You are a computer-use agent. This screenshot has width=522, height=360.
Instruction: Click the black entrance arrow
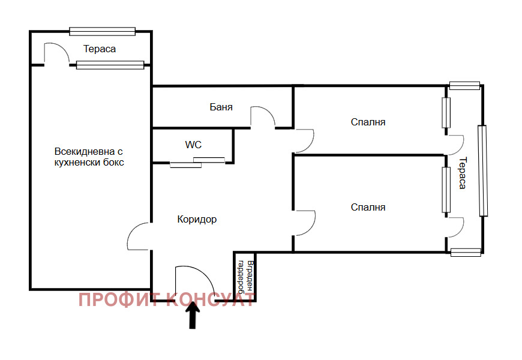(x=193, y=316)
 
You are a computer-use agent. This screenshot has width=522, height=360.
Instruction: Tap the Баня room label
(x=221, y=107)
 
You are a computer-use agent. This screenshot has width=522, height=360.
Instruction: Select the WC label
(x=193, y=145)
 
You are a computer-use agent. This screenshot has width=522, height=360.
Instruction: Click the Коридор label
(x=197, y=219)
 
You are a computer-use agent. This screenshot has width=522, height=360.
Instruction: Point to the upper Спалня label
(x=368, y=122)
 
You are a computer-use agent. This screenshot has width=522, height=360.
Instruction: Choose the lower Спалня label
(x=368, y=207)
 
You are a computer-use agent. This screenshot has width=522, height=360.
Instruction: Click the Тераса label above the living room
(x=100, y=49)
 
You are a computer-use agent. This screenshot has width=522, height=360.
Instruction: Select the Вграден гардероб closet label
(x=245, y=276)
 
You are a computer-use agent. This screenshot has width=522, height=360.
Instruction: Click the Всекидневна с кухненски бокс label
(x=89, y=157)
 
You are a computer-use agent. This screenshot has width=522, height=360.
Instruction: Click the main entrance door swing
(x=195, y=283)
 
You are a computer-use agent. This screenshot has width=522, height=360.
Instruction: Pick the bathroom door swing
(x=263, y=117)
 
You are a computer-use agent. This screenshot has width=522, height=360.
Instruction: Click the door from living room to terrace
(x=56, y=53)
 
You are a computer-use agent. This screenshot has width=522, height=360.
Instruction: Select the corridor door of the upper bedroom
(x=304, y=140)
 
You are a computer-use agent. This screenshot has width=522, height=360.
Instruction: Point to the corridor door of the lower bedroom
(x=305, y=223)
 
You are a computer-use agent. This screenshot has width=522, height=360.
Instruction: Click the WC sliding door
(x=197, y=162)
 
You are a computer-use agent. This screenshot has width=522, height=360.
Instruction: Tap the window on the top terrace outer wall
(x=102, y=31)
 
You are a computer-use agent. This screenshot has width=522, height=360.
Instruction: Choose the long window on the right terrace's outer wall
(x=482, y=171)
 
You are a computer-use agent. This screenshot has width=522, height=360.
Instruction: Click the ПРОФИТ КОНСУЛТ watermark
(x=166, y=299)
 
